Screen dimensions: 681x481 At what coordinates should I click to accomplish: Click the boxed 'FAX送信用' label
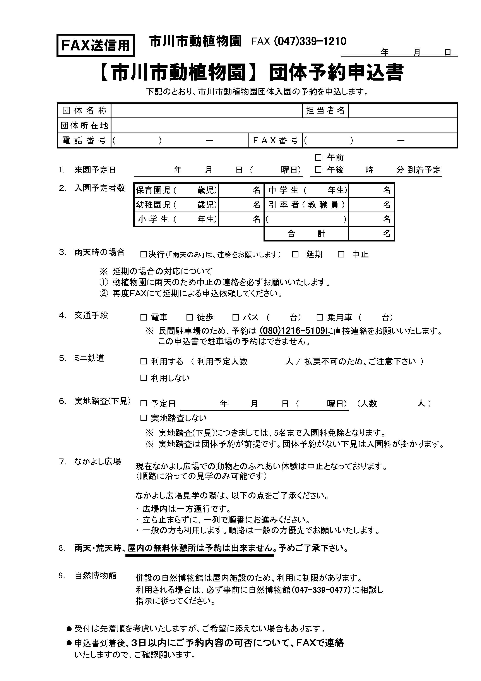pos(95,45)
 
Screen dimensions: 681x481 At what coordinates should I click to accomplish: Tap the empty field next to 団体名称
pos(206,111)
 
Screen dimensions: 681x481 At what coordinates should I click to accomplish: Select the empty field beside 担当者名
pos(402,111)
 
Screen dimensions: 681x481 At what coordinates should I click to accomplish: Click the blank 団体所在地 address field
pos(284,126)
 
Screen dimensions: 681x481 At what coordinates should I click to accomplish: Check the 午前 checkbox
pos(318,157)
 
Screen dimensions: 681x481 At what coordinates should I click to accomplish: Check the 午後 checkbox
pos(318,170)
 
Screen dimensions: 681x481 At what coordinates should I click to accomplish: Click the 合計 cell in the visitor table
pos(306,234)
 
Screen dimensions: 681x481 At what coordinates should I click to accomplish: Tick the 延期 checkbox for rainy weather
pos(295,254)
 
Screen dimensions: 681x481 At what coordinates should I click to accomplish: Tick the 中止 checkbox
pos(341,254)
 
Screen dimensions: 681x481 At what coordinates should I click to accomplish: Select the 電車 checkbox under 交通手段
pos(144,318)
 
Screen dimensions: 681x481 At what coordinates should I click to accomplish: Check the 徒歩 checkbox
pos(190,318)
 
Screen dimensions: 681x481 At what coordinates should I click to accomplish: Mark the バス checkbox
pos(236,318)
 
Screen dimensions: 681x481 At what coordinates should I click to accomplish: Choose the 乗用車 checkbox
pos(320,318)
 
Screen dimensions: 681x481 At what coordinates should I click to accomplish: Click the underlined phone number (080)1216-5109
pos(293,331)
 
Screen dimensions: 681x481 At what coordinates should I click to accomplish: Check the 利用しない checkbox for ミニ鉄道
pos(144,378)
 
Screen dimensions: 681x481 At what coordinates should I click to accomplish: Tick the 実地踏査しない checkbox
pos(144,418)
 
